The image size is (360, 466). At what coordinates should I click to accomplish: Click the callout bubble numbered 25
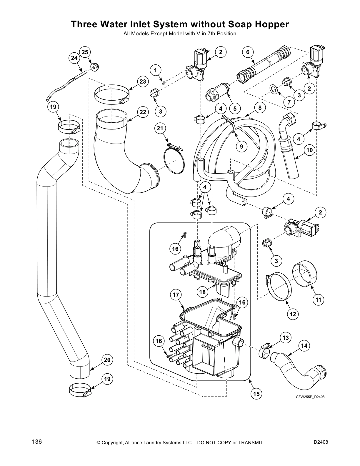coord(85,52)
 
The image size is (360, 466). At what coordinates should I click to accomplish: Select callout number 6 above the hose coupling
coord(248,52)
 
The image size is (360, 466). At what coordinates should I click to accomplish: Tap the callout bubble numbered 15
coord(256,394)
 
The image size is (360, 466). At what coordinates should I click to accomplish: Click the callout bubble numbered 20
coord(107,360)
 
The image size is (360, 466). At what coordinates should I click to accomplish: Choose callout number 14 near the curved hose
coord(304,346)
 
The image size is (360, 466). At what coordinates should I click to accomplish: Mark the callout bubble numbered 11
coord(318,300)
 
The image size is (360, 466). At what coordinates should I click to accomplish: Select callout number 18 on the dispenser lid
coord(202,292)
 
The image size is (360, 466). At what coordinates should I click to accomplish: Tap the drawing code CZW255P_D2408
coord(306,397)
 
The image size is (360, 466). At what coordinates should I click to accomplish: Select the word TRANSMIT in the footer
coord(251,443)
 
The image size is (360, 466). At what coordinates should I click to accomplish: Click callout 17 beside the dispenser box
coord(176,294)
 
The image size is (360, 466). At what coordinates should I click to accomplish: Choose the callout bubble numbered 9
coord(242,147)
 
